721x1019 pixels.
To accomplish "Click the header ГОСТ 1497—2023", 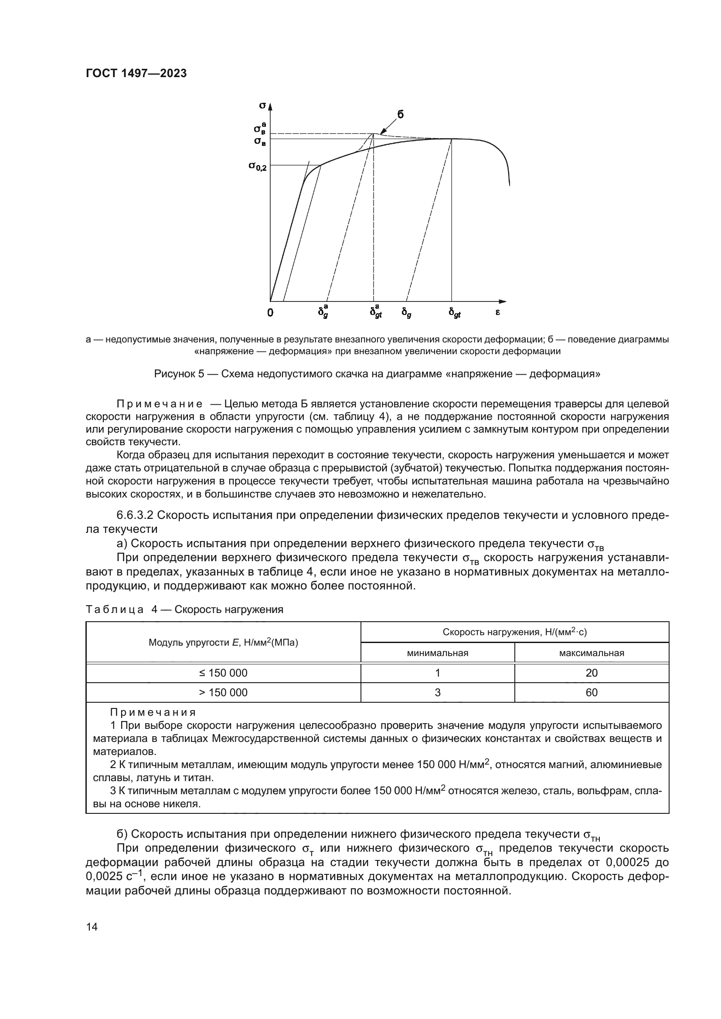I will (136, 74).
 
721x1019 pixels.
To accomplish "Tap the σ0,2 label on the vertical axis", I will (258, 166).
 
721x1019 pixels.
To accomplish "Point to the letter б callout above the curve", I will (400, 115).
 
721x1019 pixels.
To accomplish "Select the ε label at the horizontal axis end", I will (497, 312).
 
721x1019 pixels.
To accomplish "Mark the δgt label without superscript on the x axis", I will (454, 313).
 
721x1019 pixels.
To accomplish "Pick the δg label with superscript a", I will (323, 312).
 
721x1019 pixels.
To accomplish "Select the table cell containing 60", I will (592, 692).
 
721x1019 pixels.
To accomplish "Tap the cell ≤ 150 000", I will (223, 673).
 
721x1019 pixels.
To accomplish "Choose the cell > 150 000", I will (223, 692).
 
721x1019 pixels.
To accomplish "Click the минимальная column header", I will (437, 653).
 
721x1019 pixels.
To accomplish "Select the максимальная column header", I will (592, 653).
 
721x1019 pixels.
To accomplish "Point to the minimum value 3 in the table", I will (437, 692).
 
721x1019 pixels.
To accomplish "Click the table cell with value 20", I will (592, 673).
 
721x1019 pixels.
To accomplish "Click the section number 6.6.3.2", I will (135, 515).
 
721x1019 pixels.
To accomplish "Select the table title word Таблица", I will (115, 609).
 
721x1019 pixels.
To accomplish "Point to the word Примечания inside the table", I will (153, 712).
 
